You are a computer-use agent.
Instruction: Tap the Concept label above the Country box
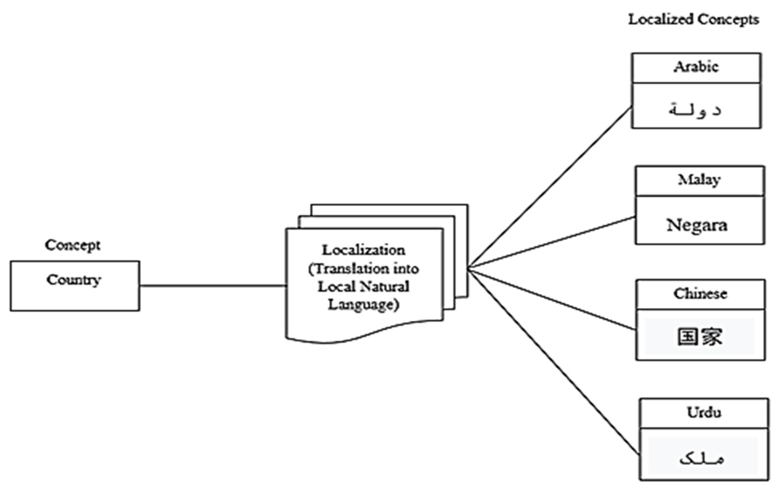[x=73, y=245]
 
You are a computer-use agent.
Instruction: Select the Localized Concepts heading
[x=693, y=20]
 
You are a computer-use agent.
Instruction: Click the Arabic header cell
[x=696, y=67]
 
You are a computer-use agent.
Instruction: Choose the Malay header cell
[x=699, y=180]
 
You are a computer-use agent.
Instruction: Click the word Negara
[x=697, y=225]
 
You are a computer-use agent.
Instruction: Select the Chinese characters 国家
[x=700, y=337]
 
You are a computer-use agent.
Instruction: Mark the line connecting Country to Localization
[x=213, y=285]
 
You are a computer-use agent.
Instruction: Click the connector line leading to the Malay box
[x=551, y=242]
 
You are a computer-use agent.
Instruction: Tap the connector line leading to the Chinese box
[x=551, y=300]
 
